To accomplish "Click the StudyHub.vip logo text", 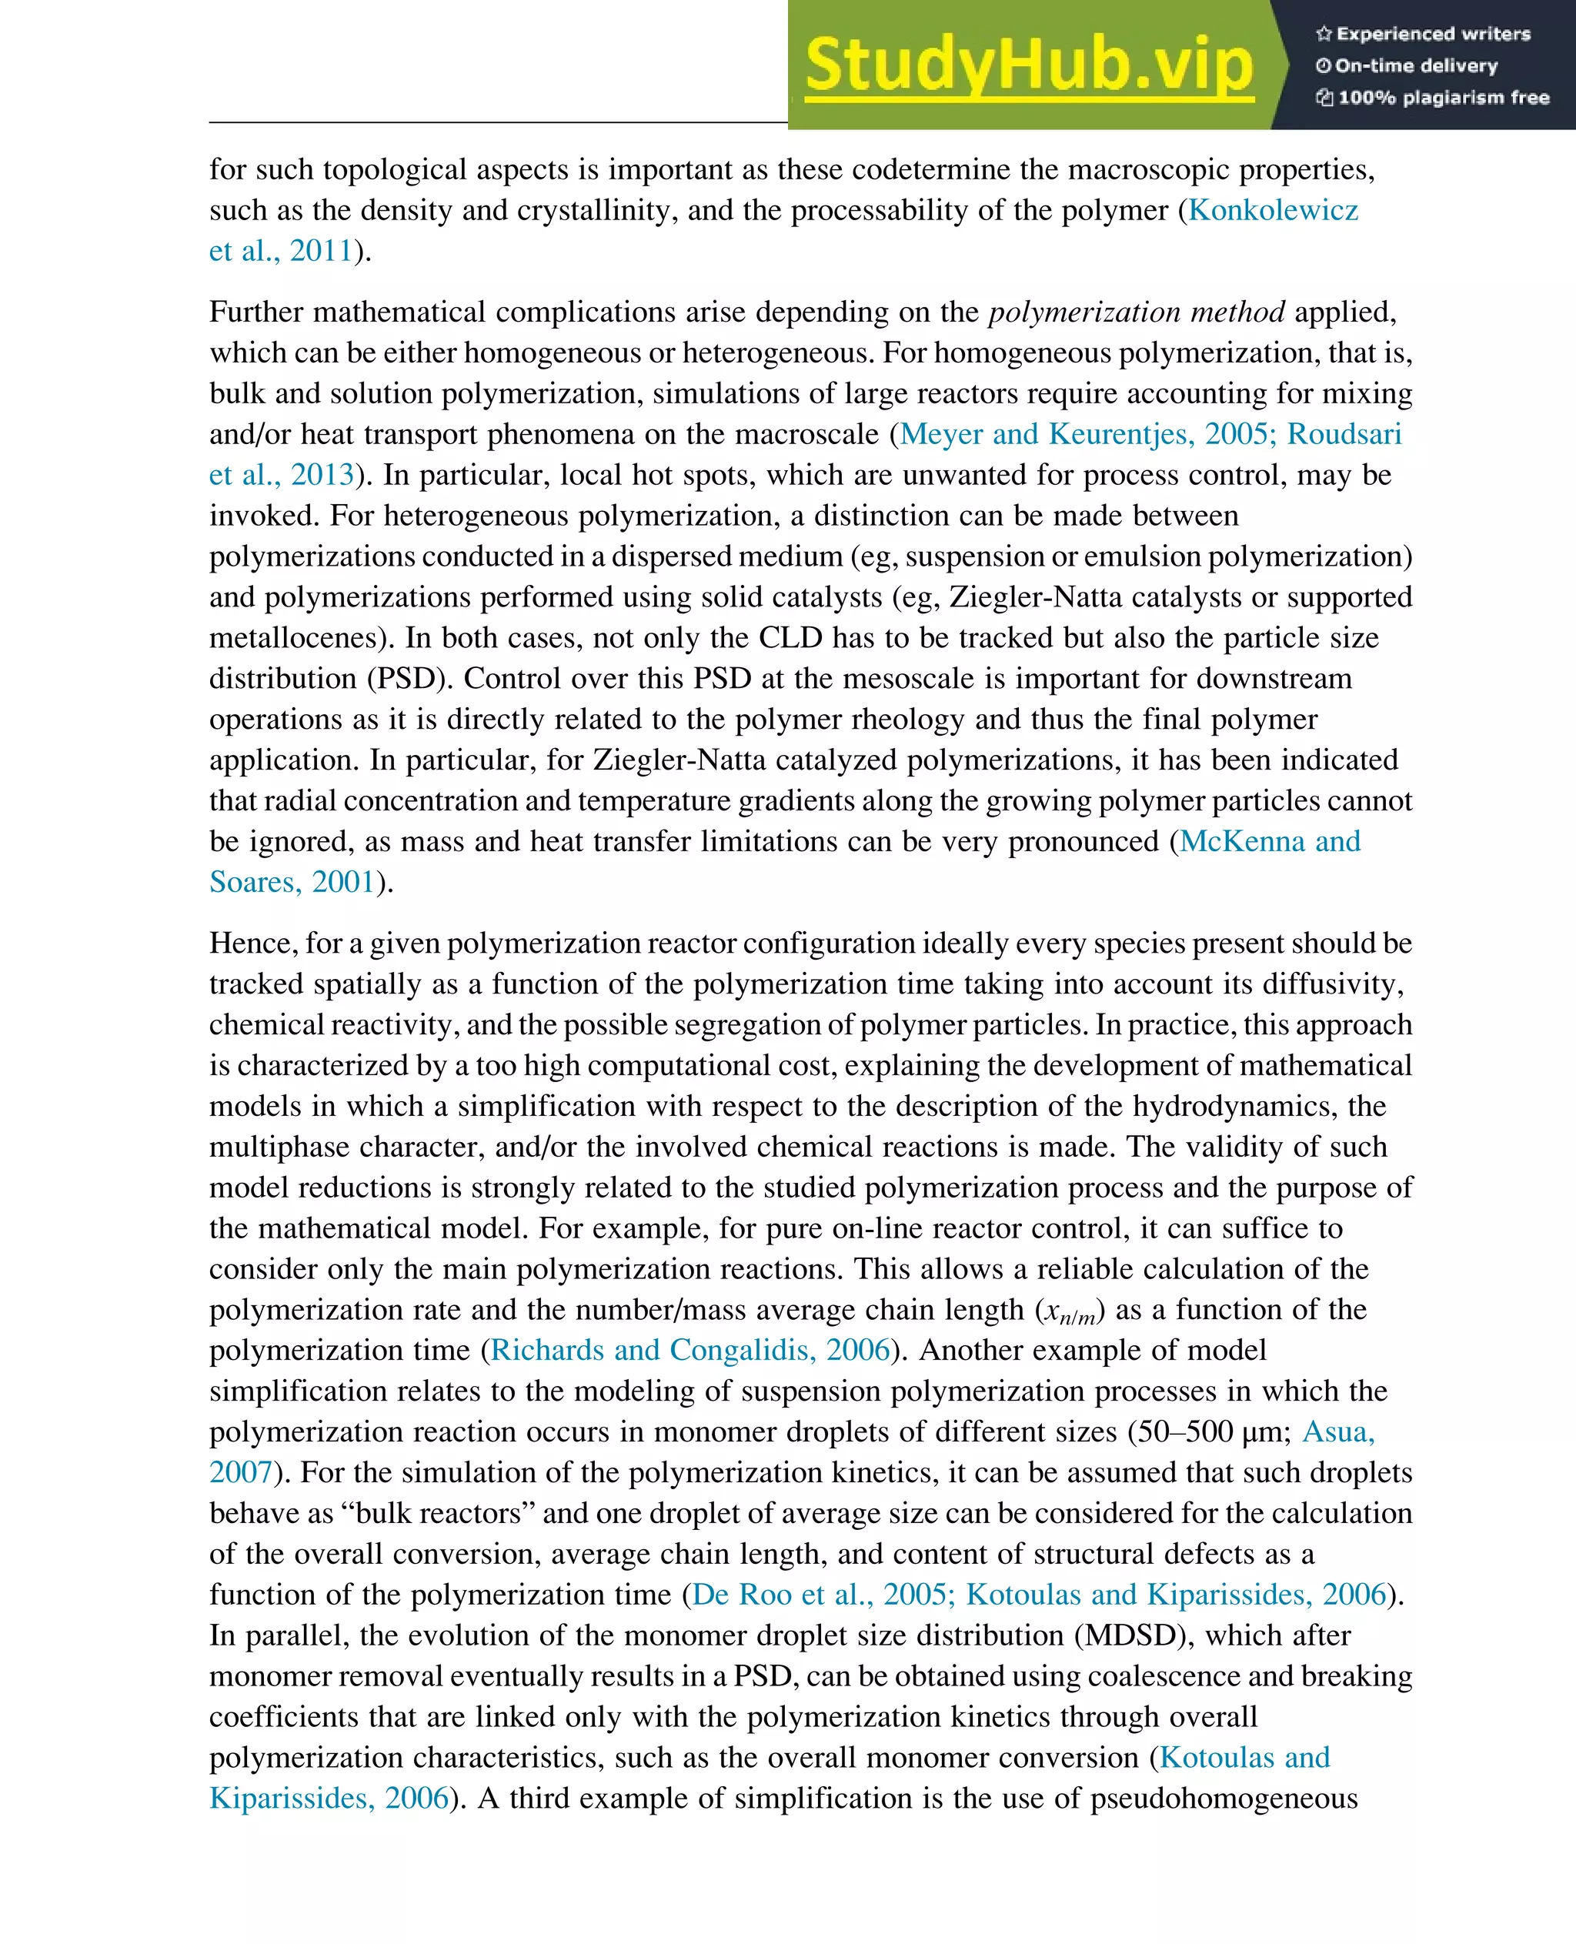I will (1029, 65).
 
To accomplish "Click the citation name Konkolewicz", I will (1273, 210).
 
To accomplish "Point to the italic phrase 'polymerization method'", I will (1136, 312).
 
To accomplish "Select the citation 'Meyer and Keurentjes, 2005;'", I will (1088, 434).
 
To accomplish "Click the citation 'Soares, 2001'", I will (292, 882).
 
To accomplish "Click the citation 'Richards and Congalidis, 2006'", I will (690, 1350).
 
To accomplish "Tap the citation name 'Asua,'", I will (1338, 1432).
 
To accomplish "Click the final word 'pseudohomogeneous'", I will (1223, 1799).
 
